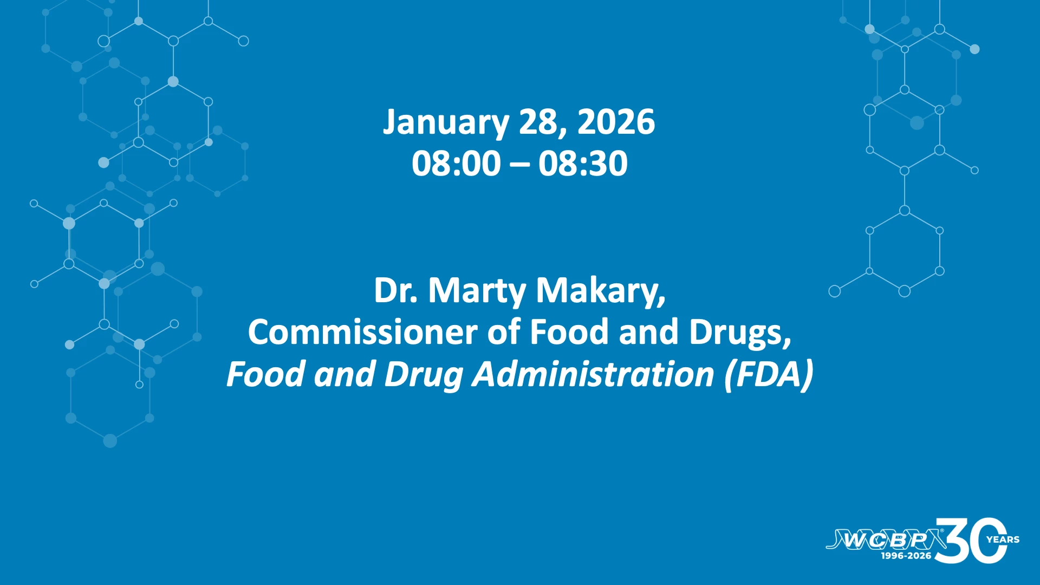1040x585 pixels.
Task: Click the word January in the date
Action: click(446, 123)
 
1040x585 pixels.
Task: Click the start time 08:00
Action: click(456, 163)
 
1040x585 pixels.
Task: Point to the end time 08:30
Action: click(583, 163)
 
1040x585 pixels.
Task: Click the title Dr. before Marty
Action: click(396, 290)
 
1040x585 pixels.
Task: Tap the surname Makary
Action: click(601, 292)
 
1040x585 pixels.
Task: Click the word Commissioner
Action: click(362, 331)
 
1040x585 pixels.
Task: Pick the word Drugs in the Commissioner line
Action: click(740, 333)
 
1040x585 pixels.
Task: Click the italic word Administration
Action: click(593, 374)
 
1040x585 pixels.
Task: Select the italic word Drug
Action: click(424, 375)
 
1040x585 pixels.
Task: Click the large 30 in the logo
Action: click(971, 541)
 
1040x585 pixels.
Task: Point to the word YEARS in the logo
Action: click(1003, 539)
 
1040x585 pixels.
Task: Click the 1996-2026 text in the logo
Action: click(906, 556)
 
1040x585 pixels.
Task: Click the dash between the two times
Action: click(519, 165)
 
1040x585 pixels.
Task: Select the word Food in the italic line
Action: click(265, 374)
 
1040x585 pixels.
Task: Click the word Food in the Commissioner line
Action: click(569, 331)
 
